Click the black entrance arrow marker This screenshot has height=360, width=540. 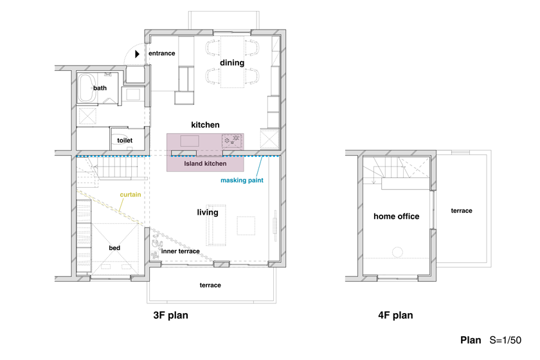pyautogui.click(x=137, y=54)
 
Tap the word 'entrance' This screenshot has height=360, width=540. pyautogui.click(x=162, y=53)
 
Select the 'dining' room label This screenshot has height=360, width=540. pyautogui.click(x=232, y=63)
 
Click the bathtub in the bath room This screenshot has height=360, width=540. pyautogui.click(x=87, y=88)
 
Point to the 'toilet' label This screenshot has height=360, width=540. pyautogui.click(x=125, y=141)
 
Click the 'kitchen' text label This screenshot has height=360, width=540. pyautogui.click(x=205, y=125)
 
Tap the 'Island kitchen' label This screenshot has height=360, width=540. pyautogui.click(x=205, y=164)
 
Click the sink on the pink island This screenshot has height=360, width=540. pyautogui.click(x=190, y=141)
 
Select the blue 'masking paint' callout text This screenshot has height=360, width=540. pyautogui.click(x=242, y=180)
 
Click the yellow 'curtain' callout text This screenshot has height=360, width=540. pyautogui.click(x=130, y=195)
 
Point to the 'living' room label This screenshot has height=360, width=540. pyautogui.click(x=208, y=212)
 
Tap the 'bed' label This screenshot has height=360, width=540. pyautogui.click(x=114, y=248)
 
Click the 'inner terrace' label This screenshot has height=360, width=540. pyautogui.click(x=181, y=251)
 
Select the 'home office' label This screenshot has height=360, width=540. pyautogui.click(x=397, y=217)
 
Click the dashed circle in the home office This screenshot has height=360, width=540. pyautogui.click(x=397, y=252)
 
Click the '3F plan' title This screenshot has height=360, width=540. pyautogui.click(x=171, y=315)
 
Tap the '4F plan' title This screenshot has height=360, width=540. pyautogui.click(x=395, y=315)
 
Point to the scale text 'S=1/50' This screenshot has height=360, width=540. pyautogui.click(x=505, y=340)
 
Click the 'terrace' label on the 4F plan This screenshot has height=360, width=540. pyautogui.click(x=462, y=211)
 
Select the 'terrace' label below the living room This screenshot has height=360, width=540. pyautogui.click(x=210, y=285)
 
